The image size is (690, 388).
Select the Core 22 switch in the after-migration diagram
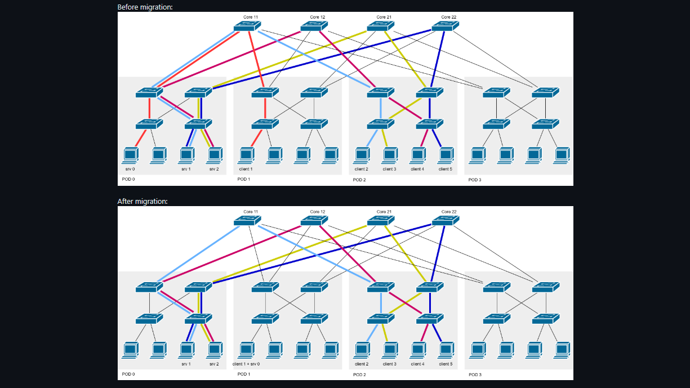click(445, 221)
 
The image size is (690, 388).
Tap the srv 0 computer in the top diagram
click(131, 154)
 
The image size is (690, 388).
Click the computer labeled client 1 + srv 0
click(246, 350)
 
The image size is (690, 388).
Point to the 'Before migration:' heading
click(145, 7)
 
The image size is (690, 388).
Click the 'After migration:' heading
click(143, 201)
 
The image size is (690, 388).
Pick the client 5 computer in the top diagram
click(446, 154)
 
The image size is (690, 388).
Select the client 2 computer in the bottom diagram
click(362, 350)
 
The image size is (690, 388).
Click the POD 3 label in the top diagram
click(475, 180)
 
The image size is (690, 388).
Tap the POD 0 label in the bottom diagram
click(128, 374)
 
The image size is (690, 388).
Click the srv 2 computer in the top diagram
click(214, 154)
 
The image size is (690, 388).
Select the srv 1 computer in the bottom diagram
click(186, 350)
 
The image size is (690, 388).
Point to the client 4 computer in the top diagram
click(417, 154)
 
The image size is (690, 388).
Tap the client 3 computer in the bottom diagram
click(389, 350)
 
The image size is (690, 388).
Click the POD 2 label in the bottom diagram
click(359, 374)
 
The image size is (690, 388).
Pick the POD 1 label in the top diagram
click(244, 180)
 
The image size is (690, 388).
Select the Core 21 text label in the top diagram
click(384, 17)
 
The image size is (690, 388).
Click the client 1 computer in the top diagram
click(246, 154)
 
